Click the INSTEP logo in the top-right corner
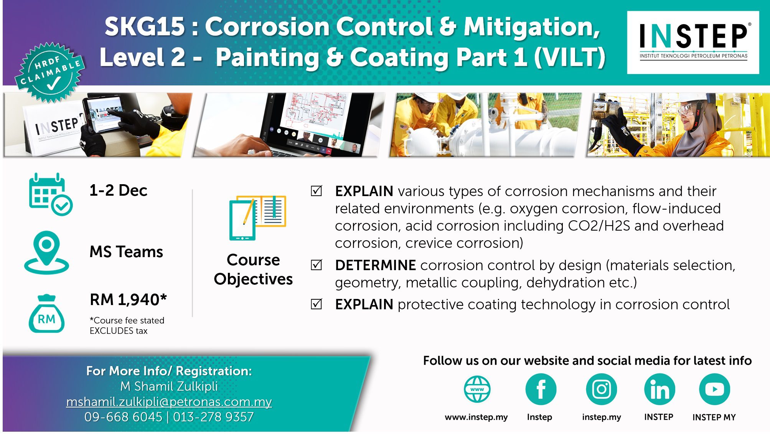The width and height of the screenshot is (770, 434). pyautogui.click(x=693, y=42)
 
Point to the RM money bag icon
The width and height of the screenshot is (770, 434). pyautogui.click(x=46, y=314)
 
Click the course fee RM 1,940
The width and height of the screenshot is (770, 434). pyautogui.click(x=128, y=300)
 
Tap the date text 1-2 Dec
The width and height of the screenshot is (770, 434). pyautogui.click(x=118, y=190)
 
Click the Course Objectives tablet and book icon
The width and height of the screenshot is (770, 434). pyautogui.click(x=257, y=218)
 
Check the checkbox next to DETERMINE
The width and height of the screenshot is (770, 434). pyautogui.click(x=317, y=265)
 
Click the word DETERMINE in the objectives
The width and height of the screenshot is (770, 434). pyautogui.click(x=375, y=265)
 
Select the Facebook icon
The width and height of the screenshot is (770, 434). pyautogui.click(x=541, y=389)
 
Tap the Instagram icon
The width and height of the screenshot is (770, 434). pyautogui.click(x=601, y=389)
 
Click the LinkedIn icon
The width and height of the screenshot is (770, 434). pyautogui.click(x=660, y=389)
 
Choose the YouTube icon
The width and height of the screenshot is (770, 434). pyautogui.click(x=714, y=389)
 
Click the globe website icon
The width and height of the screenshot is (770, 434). pyautogui.click(x=477, y=389)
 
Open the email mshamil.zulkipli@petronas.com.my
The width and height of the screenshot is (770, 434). pyautogui.click(x=169, y=402)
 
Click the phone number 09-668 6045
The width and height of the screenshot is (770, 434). pyautogui.click(x=123, y=417)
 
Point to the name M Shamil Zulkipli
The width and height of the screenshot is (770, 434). pyautogui.click(x=169, y=386)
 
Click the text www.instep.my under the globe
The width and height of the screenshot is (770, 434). pyautogui.click(x=476, y=417)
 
